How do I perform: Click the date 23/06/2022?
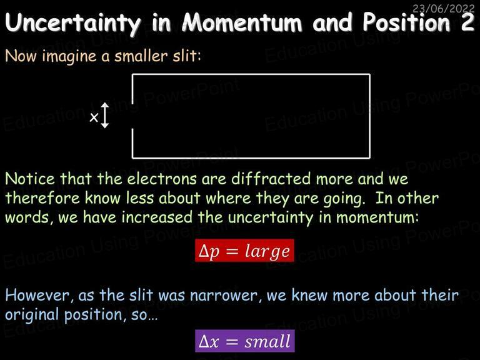pyautogui.click(x=443, y=8)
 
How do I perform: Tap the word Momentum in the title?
pyautogui.click(x=242, y=22)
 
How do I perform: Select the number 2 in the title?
pyautogui.click(x=467, y=22)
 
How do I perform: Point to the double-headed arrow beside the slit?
pyautogui.click(x=105, y=116)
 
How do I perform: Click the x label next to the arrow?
pyautogui.click(x=94, y=117)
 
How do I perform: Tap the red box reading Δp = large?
pyautogui.click(x=244, y=251)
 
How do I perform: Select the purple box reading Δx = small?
pyautogui.click(x=244, y=341)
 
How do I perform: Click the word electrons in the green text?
pyautogui.click(x=162, y=179)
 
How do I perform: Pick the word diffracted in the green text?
pyautogui.click(x=271, y=179)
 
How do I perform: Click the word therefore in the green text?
pyautogui.click(x=43, y=197)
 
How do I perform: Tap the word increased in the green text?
pyautogui.click(x=157, y=217)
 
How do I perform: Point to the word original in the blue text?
pyautogui.click(x=32, y=315)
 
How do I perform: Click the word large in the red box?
pyautogui.click(x=267, y=252)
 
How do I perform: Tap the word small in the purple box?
pyautogui.click(x=267, y=341)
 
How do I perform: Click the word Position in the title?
pyautogui.click(x=406, y=22)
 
